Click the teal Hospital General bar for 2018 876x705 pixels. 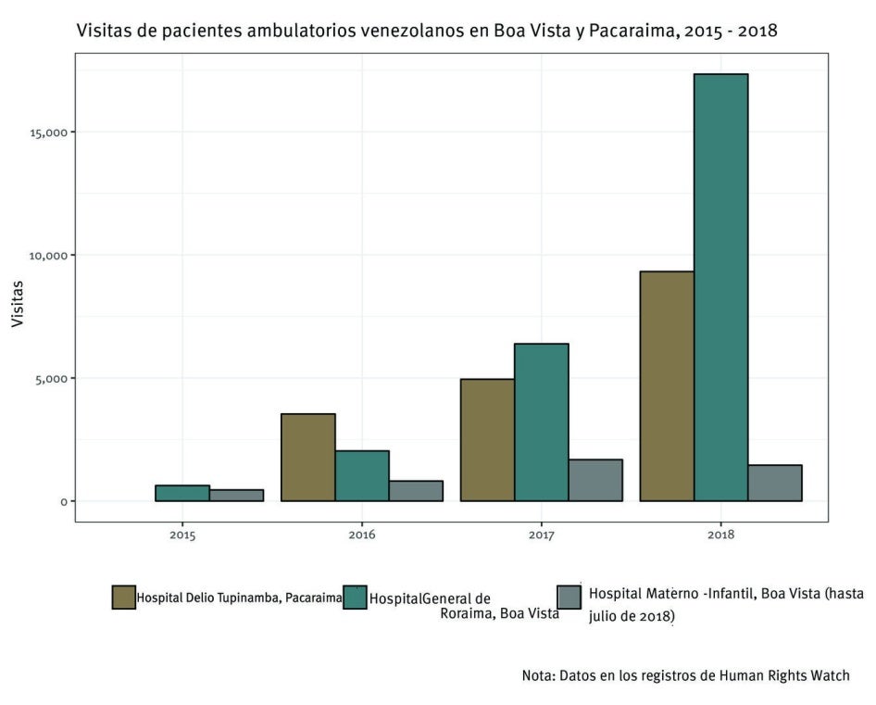[x=720, y=287]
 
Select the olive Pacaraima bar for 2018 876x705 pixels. [x=667, y=386]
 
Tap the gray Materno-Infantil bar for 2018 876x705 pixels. [x=775, y=483]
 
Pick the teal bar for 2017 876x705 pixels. [x=541, y=422]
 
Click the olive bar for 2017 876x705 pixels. [x=487, y=440]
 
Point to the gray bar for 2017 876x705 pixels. [x=594, y=480]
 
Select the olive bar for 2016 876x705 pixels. [x=307, y=458]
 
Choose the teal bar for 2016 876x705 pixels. [x=361, y=476]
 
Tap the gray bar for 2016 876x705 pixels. [x=416, y=491]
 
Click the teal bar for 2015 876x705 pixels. [x=181, y=493]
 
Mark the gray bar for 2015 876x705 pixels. [x=236, y=496]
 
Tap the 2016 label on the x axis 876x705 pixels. [x=361, y=535]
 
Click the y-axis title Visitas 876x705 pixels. [x=18, y=302]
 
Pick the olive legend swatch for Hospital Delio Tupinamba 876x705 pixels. [x=123, y=598]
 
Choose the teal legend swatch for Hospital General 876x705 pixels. [x=355, y=598]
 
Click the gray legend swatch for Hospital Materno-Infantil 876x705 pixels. [x=569, y=598]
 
